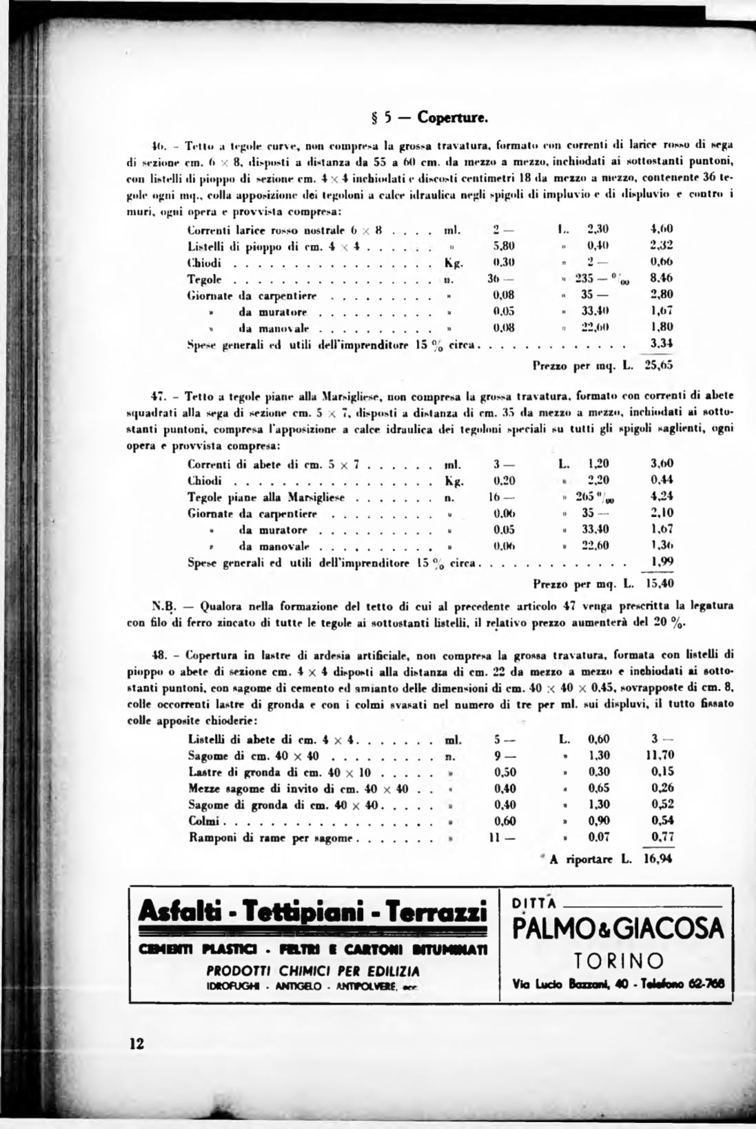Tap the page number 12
(x=136, y=1044)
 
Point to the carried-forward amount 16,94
(x=658, y=858)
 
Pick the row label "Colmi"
(x=203, y=821)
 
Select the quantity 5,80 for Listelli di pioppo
(x=504, y=246)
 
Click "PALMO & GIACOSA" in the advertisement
(x=618, y=929)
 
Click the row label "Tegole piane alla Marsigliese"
(x=266, y=497)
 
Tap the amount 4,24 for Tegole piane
(x=662, y=497)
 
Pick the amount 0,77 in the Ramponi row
(x=662, y=838)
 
